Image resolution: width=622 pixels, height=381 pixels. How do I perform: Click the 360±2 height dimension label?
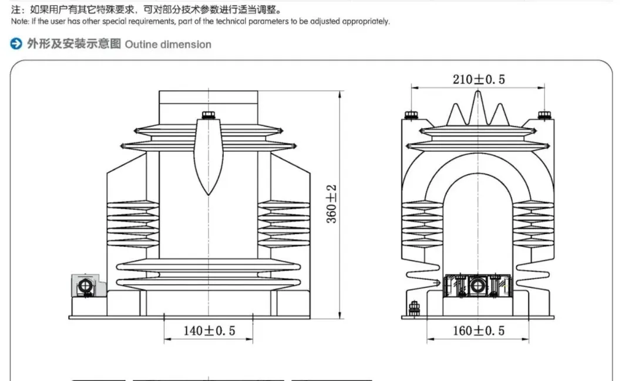coord(332,204)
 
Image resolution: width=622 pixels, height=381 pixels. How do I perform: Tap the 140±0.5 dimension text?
coord(209,331)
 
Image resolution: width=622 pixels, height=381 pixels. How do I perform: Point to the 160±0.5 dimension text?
coord(479,331)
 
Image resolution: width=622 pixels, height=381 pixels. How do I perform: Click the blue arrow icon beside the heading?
coord(17,44)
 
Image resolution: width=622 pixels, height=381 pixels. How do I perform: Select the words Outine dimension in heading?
coord(168,45)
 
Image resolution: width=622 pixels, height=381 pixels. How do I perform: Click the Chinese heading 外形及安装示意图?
coord(74,44)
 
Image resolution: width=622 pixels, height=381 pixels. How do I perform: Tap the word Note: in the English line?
coord(19,22)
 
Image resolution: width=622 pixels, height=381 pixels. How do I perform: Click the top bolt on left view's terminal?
coord(209,114)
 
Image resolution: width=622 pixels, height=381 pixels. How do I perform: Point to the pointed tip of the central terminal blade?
coord(209,193)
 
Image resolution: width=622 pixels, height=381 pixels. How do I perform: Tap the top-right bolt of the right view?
coord(544,115)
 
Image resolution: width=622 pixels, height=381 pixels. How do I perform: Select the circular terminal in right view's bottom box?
coord(476,286)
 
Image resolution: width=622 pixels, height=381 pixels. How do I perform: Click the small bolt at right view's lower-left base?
coord(413,307)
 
